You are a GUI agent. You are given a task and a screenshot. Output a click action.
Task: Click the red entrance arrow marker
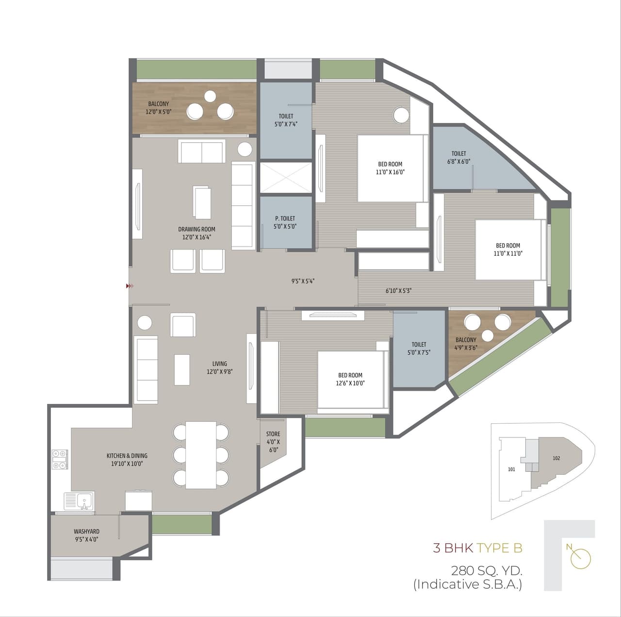(129, 286)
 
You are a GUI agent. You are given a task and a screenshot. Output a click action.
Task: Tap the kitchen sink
(80, 500)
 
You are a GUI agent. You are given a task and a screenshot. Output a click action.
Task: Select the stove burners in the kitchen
(60, 459)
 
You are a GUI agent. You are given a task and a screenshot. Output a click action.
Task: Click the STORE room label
(273, 441)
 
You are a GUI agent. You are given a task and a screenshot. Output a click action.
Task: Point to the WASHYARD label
(86, 535)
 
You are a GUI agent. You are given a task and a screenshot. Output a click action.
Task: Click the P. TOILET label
(285, 222)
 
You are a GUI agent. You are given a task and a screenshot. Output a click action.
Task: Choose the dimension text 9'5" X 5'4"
(303, 281)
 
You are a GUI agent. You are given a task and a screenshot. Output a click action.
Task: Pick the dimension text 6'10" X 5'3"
(398, 291)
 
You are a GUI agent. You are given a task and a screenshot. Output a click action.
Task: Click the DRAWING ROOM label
(196, 233)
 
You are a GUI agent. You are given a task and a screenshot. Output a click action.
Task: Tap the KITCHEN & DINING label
(127, 459)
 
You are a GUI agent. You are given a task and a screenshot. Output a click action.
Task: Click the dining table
(201, 455)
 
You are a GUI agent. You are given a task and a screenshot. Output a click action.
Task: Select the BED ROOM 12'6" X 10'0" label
(350, 379)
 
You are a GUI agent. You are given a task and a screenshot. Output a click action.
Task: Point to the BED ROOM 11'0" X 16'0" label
(390, 168)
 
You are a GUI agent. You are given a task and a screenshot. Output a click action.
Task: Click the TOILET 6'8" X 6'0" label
(458, 157)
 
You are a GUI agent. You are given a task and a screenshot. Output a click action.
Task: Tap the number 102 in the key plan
(556, 458)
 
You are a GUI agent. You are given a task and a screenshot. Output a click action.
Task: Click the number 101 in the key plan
(511, 469)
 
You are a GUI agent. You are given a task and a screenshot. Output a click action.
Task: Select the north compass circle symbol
(581, 558)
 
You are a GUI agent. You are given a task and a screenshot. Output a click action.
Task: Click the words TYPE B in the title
(499, 548)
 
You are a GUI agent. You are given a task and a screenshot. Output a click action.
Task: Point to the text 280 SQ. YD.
(487, 570)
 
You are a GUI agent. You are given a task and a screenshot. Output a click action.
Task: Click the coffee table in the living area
(182, 369)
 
